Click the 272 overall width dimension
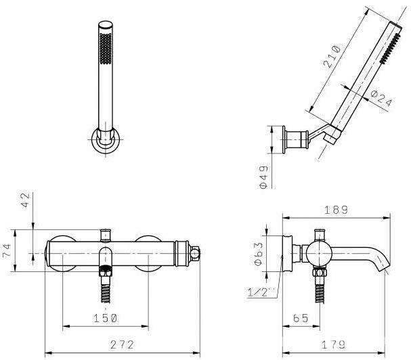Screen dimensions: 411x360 (x=122, y=344)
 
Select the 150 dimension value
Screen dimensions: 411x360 (x=106, y=318)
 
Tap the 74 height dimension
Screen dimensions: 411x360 (x=6, y=251)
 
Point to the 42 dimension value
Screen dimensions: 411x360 (x=26, y=200)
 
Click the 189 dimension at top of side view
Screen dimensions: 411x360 (x=337, y=210)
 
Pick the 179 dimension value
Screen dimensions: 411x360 (x=333, y=344)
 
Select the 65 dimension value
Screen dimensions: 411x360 (x=301, y=318)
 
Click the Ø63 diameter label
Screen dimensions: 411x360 (x=259, y=254)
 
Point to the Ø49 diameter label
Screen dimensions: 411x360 (x=263, y=177)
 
